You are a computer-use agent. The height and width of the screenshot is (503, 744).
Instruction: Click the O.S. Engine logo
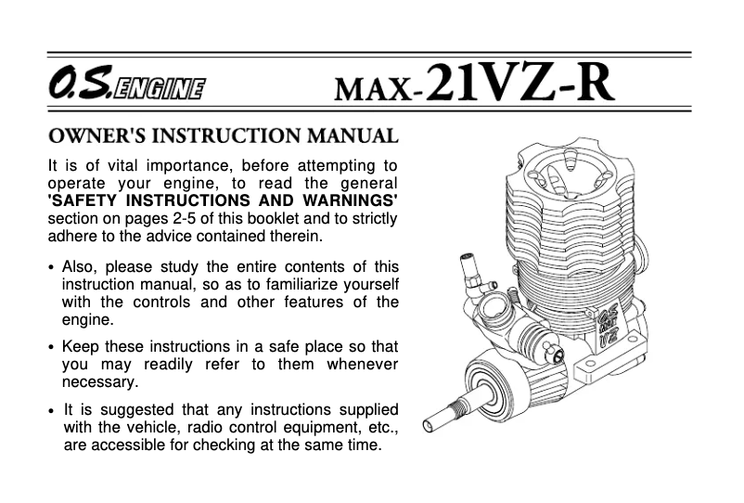(127, 89)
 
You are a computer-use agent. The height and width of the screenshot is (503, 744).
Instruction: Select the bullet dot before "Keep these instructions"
(51, 349)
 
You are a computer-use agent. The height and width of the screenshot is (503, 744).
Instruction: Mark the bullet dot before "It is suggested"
(51, 410)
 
